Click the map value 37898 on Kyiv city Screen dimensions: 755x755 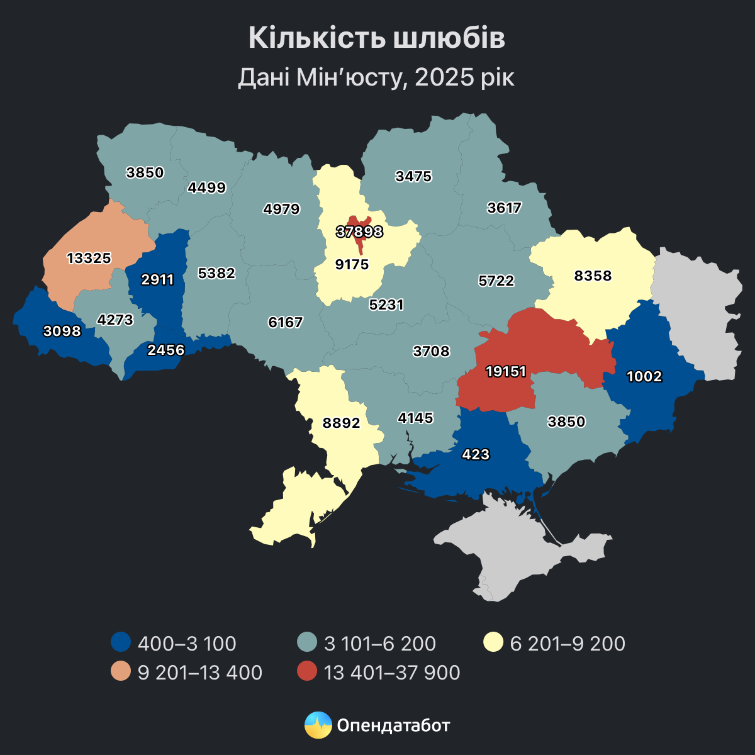click(359, 232)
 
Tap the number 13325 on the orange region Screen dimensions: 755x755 click(89, 258)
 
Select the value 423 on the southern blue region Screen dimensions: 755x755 click(475, 454)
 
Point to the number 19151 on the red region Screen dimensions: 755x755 click(506, 372)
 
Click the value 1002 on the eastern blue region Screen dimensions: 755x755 click(645, 377)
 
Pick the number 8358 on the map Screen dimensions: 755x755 click(593, 276)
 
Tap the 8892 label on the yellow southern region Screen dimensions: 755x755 click(341, 423)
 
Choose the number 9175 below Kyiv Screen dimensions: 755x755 click(352, 264)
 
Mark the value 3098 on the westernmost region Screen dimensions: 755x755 click(62, 331)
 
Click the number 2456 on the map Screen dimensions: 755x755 click(165, 350)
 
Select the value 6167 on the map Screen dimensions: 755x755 click(286, 323)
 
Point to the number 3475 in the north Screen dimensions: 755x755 click(413, 177)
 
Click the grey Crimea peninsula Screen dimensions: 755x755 click(522, 554)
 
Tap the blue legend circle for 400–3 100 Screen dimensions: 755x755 click(120, 643)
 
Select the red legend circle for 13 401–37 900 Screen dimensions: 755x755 click(306, 672)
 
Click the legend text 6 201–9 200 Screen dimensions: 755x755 click(568, 644)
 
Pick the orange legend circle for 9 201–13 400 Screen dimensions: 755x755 click(120, 672)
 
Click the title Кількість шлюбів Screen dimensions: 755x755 click(377, 38)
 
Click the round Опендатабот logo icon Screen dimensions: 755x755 click(318, 725)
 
